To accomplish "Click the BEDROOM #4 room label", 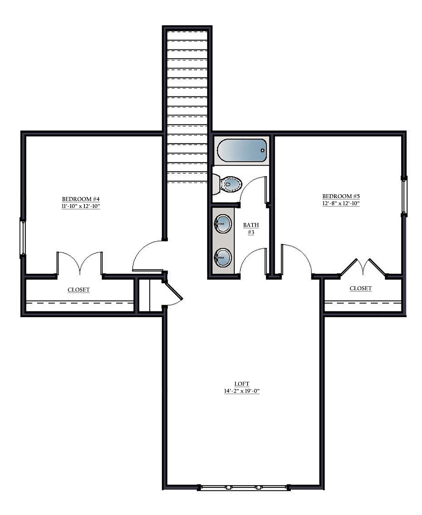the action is [x=81, y=199].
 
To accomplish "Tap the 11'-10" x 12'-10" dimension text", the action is [x=81, y=206].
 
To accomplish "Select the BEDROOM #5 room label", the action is [x=341, y=196].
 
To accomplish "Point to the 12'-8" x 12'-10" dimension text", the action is [x=341, y=203].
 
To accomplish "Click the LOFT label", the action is [x=242, y=384].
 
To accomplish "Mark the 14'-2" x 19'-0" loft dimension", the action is [x=242, y=391].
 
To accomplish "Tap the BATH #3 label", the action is [x=251, y=229].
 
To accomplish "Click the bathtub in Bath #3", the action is [x=242, y=150].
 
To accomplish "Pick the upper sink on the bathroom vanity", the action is [x=223, y=224].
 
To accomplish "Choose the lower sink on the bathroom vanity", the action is [x=223, y=257].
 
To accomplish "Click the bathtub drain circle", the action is [x=263, y=150].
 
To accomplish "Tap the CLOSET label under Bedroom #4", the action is [x=78, y=289].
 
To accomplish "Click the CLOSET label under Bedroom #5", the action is [x=360, y=288].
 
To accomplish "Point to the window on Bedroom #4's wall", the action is [x=23, y=237].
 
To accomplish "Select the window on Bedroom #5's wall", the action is [x=404, y=196].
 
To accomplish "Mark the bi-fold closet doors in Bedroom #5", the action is [x=363, y=267].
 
